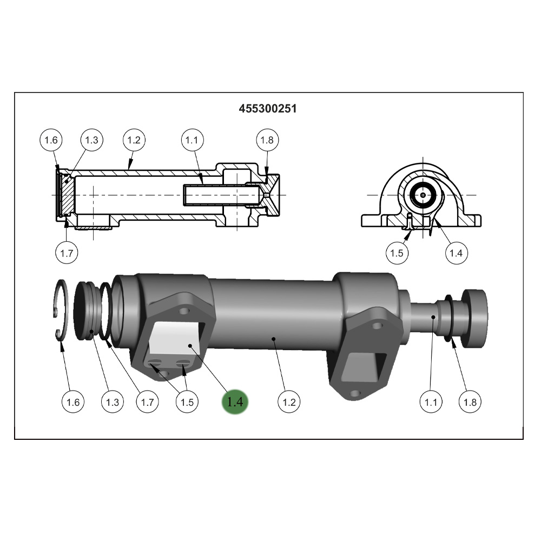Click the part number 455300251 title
(268, 109)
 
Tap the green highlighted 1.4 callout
(236, 402)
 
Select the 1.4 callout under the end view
(456, 253)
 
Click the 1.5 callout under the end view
(397, 253)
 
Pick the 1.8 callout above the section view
(267, 140)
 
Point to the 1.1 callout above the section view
(192, 140)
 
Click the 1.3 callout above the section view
(92, 140)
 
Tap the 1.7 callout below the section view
(67, 253)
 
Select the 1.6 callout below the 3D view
(73, 402)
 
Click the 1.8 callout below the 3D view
(470, 402)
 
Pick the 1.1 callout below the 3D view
(431, 402)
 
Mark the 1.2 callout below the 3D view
(289, 402)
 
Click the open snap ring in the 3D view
(61, 311)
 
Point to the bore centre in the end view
(422, 195)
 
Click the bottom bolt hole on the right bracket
(355, 393)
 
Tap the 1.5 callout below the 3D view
(187, 402)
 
